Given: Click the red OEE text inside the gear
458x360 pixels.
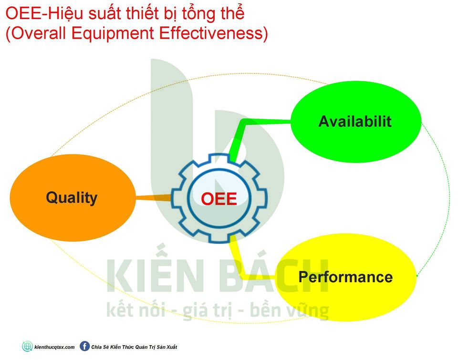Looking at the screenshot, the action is [x=219, y=199].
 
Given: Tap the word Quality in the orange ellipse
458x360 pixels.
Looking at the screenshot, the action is [x=72, y=198].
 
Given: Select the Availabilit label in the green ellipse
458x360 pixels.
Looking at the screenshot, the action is [x=355, y=122].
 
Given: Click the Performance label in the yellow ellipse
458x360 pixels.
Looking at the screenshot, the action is [x=345, y=277].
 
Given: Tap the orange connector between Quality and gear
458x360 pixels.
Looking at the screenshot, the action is [x=153, y=198].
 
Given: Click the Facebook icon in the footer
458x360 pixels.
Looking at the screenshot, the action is [x=85, y=347].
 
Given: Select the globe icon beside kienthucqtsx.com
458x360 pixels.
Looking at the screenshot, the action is [x=28, y=347].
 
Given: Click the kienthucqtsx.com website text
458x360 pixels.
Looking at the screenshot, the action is [x=54, y=347].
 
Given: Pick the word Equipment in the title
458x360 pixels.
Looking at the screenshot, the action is [x=113, y=33].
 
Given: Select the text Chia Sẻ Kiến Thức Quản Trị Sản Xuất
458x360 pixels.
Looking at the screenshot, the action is [x=135, y=347].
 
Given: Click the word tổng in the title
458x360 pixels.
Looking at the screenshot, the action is [x=199, y=14].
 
